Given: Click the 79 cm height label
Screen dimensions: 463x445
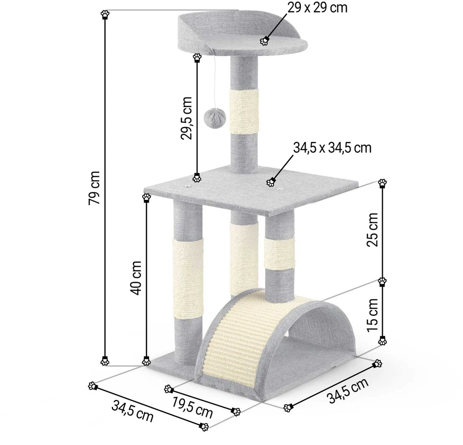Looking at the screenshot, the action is tap(94, 188).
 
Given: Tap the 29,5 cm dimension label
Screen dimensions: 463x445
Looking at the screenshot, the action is tap(186, 118).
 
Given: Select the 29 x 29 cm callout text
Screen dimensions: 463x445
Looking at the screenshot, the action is tap(317, 8).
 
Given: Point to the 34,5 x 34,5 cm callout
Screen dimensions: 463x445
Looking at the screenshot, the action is tap(332, 147).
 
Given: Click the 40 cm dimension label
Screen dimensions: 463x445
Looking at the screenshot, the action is tap(136, 278).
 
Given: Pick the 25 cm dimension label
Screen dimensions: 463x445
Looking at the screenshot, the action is tap(372, 229).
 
